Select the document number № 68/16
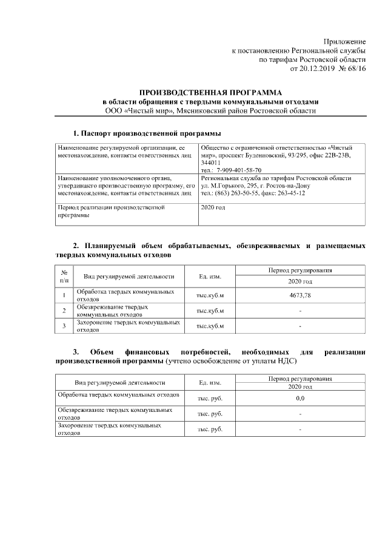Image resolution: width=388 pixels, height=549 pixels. click(x=352, y=70)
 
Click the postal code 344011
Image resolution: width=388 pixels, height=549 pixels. click(x=210, y=163)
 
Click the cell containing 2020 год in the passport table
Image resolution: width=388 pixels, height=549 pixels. click(x=212, y=207)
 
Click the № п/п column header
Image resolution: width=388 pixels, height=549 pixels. click(x=64, y=277)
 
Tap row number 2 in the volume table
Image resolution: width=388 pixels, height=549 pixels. click(x=64, y=311)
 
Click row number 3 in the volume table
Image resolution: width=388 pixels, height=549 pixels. click(x=64, y=326)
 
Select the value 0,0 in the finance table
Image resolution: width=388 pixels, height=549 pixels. click(x=300, y=399)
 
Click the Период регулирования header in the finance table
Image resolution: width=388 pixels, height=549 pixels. click(x=300, y=379)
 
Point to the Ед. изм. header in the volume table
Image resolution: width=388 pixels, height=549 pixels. click(x=210, y=277)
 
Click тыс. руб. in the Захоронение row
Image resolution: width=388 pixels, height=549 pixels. click(x=210, y=429)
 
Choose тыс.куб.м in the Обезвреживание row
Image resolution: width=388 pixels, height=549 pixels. click(x=210, y=311)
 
